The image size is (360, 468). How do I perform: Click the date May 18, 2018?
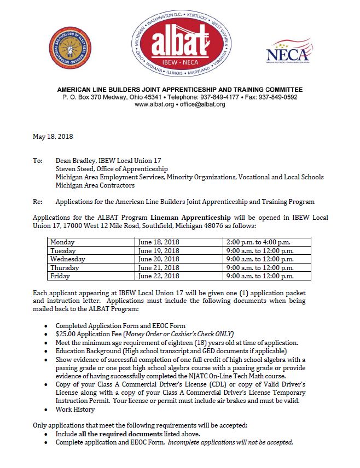(53, 137)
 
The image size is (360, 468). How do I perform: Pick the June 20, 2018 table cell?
(159, 259)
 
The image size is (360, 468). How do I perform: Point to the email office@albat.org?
(202, 104)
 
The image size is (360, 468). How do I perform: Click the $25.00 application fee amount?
(65, 334)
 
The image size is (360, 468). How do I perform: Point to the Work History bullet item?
(75, 409)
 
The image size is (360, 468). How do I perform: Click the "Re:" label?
(37, 202)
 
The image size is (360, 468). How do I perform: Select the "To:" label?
(37, 161)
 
